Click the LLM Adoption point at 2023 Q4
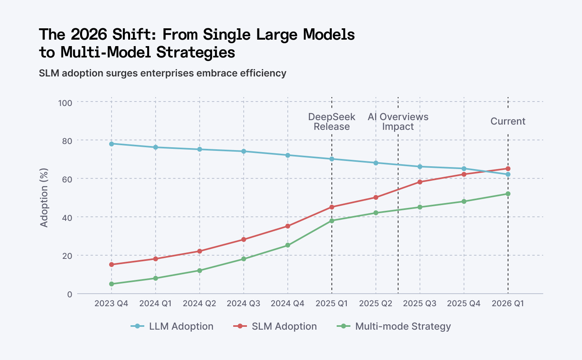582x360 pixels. click(x=111, y=144)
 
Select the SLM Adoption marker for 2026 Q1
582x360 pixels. click(x=508, y=169)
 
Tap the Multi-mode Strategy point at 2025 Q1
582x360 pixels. click(x=332, y=221)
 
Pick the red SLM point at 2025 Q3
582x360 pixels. click(x=420, y=182)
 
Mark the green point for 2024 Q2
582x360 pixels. click(x=199, y=271)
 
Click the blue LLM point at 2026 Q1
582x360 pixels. click(x=508, y=174)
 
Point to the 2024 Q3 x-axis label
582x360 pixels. click(x=243, y=303)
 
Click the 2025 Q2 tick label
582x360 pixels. click(x=376, y=303)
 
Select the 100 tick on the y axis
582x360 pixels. click(x=65, y=103)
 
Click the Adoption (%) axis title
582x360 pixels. click(x=44, y=197)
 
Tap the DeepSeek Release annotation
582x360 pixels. click(x=332, y=122)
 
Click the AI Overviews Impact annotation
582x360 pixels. click(x=398, y=122)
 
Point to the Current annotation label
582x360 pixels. click(x=508, y=121)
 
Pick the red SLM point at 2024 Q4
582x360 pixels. click(x=288, y=226)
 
